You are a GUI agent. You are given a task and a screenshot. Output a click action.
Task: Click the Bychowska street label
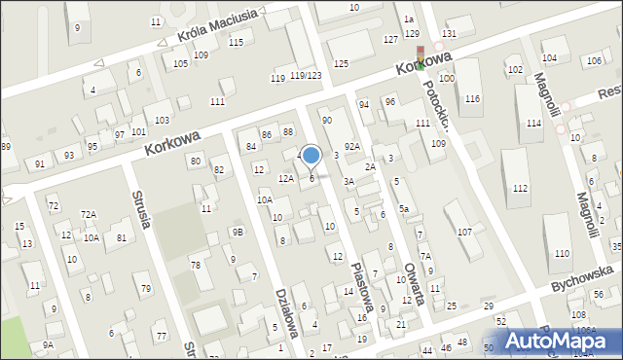click(x=581, y=273)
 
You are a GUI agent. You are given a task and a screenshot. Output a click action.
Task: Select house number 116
click(x=472, y=99)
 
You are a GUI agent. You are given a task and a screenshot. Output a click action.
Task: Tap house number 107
click(x=464, y=232)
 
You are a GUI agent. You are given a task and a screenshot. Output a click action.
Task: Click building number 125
click(x=341, y=63)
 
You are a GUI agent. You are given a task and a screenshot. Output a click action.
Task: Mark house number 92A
click(x=351, y=146)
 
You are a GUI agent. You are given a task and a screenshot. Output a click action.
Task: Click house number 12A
click(x=285, y=179)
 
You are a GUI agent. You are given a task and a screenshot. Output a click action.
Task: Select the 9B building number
click(x=237, y=232)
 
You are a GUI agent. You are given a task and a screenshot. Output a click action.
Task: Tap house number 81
click(x=121, y=238)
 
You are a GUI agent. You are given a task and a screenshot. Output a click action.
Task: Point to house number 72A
click(x=89, y=214)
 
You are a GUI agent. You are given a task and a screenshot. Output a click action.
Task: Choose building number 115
click(x=236, y=42)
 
